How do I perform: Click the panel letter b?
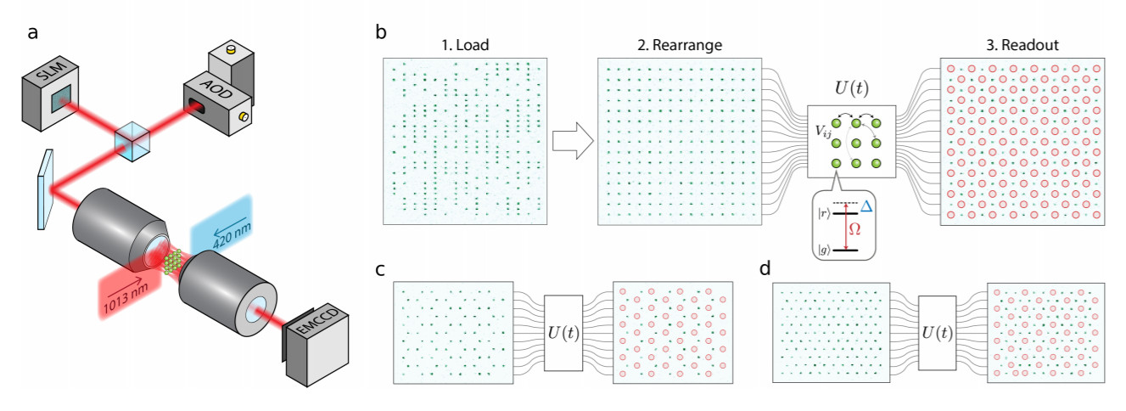[x=381, y=33]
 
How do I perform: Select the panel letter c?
[x=381, y=270]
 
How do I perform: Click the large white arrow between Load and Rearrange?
[x=571, y=140]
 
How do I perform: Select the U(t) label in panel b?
[x=849, y=87]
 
